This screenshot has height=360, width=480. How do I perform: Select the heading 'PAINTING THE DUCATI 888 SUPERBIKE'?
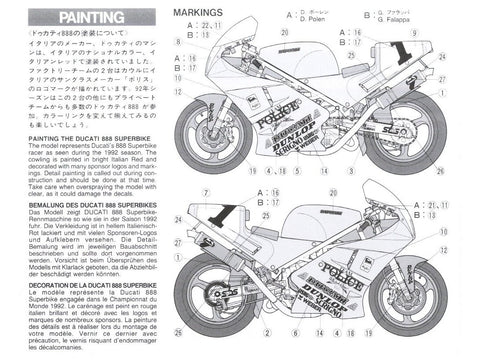pos(73,123)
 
